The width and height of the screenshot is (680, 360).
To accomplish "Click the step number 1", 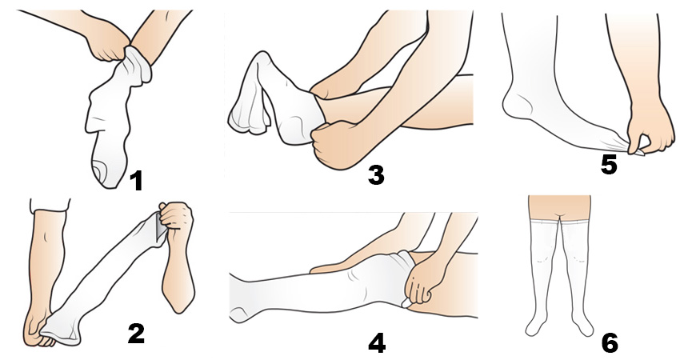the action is [x=136, y=181].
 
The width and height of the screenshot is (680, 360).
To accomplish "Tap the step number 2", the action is [x=136, y=334].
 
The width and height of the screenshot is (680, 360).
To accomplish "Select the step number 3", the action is [x=375, y=175].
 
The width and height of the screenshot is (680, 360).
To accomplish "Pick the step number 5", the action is [x=609, y=165].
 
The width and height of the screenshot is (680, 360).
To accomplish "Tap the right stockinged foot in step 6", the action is [x=582, y=326].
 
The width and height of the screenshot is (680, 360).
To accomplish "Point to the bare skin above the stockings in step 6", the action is [x=559, y=209].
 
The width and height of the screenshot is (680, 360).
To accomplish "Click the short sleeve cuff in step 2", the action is [x=50, y=205].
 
